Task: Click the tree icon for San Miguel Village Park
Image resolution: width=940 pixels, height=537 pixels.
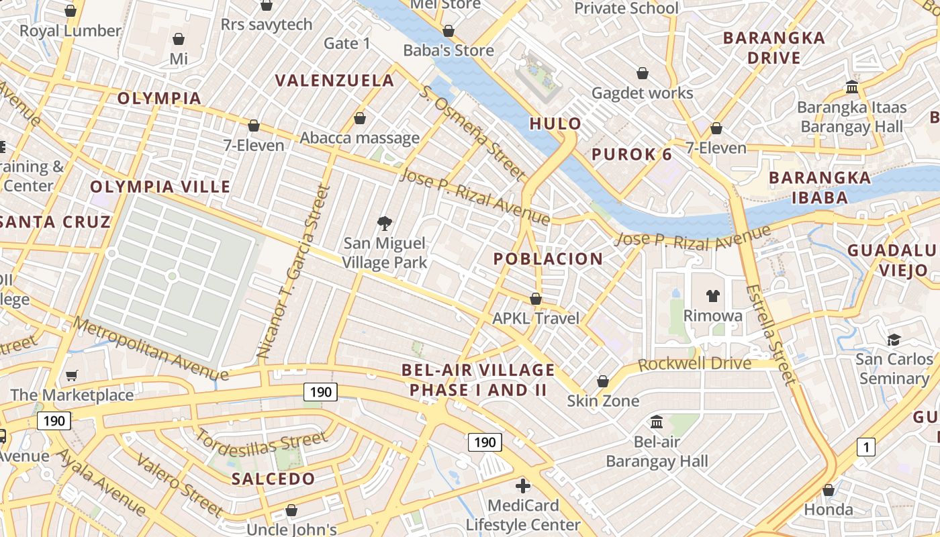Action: click(x=385, y=223)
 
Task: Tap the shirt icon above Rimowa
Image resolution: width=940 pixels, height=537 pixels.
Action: click(x=712, y=295)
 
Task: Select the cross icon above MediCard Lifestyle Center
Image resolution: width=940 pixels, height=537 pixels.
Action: click(x=523, y=485)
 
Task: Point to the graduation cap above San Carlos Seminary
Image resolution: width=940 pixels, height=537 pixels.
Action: click(x=894, y=340)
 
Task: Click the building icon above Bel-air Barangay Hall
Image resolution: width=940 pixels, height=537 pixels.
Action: click(x=657, y=422)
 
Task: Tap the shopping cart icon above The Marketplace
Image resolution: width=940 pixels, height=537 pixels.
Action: click(x=72, y=375)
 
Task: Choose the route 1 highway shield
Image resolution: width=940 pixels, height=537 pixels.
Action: click(x=866, y=446)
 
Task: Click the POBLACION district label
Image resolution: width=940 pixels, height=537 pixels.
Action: click(x=549, y=259)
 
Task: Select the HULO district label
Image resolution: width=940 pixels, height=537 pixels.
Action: click(x=555, y=124)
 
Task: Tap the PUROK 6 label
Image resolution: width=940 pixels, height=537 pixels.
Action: click(x=632, y=154)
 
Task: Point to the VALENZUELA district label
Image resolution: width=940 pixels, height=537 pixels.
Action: click(x=335, y=81)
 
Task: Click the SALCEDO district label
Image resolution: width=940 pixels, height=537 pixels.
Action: click(x=273, y=479)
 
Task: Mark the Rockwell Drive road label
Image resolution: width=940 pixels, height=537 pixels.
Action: click(x=694, y=364)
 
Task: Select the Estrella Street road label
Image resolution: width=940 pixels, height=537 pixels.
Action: click(x=770, y=335)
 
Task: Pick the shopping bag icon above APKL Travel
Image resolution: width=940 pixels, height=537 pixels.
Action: click(x=536, y=299)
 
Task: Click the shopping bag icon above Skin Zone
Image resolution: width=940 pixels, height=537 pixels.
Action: click(x=603, y=381)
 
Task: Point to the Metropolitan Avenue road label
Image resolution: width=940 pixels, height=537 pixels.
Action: click(x=152, y=349)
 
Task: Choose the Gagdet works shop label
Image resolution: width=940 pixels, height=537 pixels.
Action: click(x=642, y=93)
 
